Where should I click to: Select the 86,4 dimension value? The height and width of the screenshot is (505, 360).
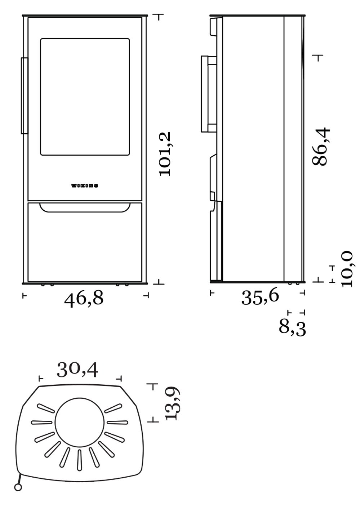[321, 147]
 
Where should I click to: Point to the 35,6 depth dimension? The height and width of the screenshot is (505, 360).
[260, 298]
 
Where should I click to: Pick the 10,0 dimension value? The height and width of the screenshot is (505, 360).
[347, 269]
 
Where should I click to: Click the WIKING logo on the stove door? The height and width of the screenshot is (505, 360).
[85, 186]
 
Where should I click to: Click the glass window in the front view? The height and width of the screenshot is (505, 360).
[85, 97]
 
